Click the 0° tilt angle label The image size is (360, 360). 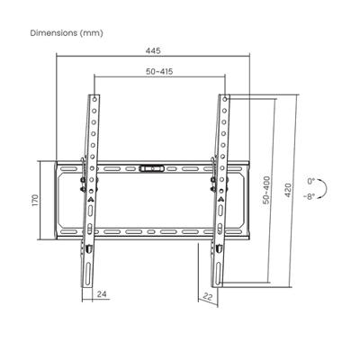311,181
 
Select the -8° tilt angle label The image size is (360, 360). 310,195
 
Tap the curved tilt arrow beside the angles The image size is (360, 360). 328,188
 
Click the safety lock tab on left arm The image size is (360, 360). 90,245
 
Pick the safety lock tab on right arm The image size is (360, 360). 219,245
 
